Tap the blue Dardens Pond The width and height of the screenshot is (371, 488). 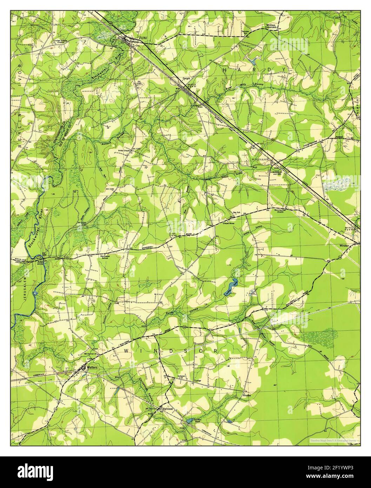click(x=189, y=420)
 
